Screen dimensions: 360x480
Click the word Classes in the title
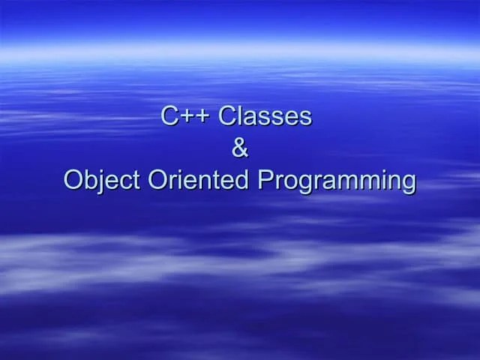click(x=265, y=116)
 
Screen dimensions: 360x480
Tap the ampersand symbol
click(x=240, y=148)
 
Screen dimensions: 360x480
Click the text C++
click(x=187, y=116)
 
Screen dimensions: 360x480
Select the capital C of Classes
click(x=228, y=116)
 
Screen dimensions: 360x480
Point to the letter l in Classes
click(x=241, y=116)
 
